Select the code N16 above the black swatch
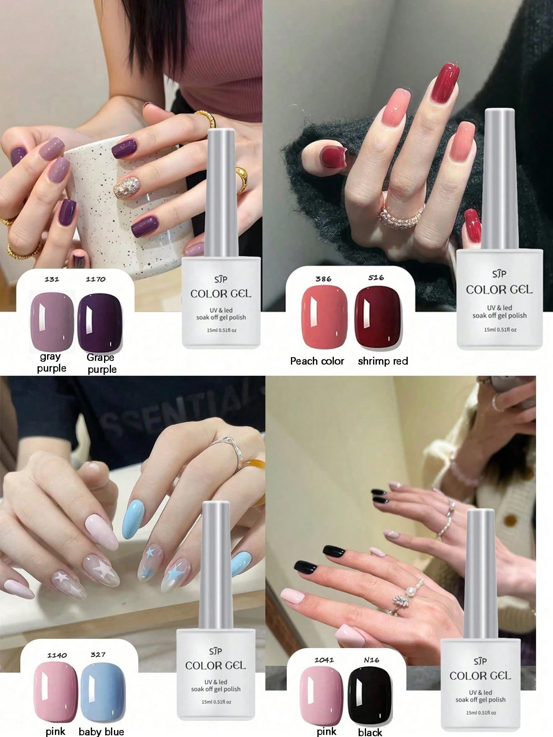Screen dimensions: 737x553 [371, 660]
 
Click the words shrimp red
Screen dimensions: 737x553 [383, 361]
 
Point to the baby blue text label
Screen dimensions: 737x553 [101, 731]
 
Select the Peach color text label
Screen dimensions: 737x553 [317, 361]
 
